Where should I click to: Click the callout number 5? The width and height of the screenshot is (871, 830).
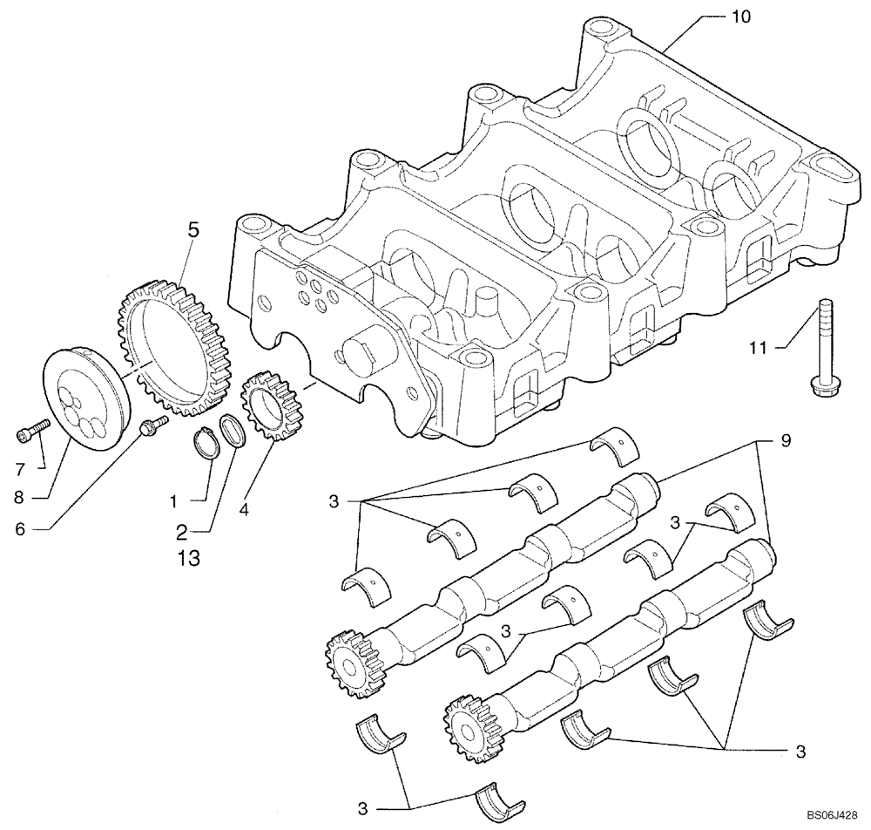(x=192, y=229)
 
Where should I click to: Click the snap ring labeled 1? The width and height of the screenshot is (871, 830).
(x=206, y=444)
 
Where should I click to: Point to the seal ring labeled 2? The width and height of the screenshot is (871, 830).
(x=233, y=431)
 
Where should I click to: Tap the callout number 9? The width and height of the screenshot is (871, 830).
(x=786, y=442)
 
